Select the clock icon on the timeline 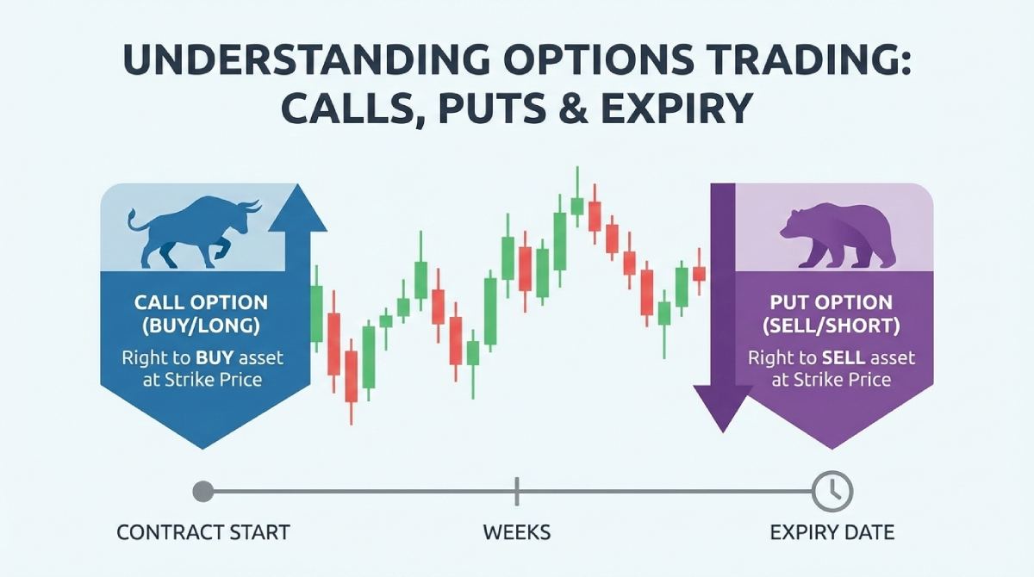tap(832, 492)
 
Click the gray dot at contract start tap(203, 492)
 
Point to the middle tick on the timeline tap(516, 492)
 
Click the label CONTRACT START tap(203, 532)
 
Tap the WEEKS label tap(516, 532)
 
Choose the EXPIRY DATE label tap(832, 532)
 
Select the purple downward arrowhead tap(722, 409)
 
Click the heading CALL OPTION tap(201, 303)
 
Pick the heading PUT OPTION tap(832, 303)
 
